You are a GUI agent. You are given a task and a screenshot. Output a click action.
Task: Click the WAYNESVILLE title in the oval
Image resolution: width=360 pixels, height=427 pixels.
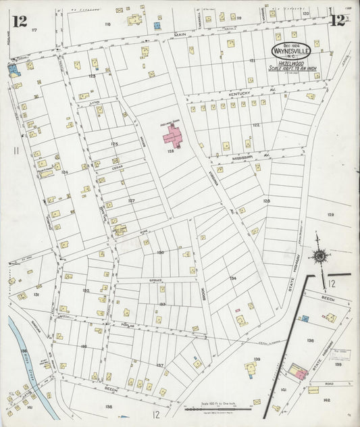click(x=291, y=50)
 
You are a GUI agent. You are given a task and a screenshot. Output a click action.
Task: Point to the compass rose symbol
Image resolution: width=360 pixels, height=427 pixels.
click(x=318, y=257)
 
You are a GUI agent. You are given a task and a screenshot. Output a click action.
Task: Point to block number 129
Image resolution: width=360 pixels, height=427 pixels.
click(x=330, y=214)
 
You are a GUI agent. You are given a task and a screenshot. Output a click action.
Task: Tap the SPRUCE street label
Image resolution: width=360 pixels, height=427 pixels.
click(x=149, y=280)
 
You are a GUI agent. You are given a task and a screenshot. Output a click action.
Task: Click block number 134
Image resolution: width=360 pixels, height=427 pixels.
click(x=232, y=278)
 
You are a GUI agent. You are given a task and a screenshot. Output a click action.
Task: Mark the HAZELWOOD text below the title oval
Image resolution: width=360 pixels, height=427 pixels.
click(x=291, y=61)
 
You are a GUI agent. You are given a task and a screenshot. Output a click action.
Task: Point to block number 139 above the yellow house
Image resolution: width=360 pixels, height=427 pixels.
click(x=257, y=359)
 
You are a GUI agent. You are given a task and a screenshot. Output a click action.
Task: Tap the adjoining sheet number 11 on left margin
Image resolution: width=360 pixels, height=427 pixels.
click(x=16, y=151)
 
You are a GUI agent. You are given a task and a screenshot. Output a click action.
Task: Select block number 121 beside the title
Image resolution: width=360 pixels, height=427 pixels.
click(x=252, y=60)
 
